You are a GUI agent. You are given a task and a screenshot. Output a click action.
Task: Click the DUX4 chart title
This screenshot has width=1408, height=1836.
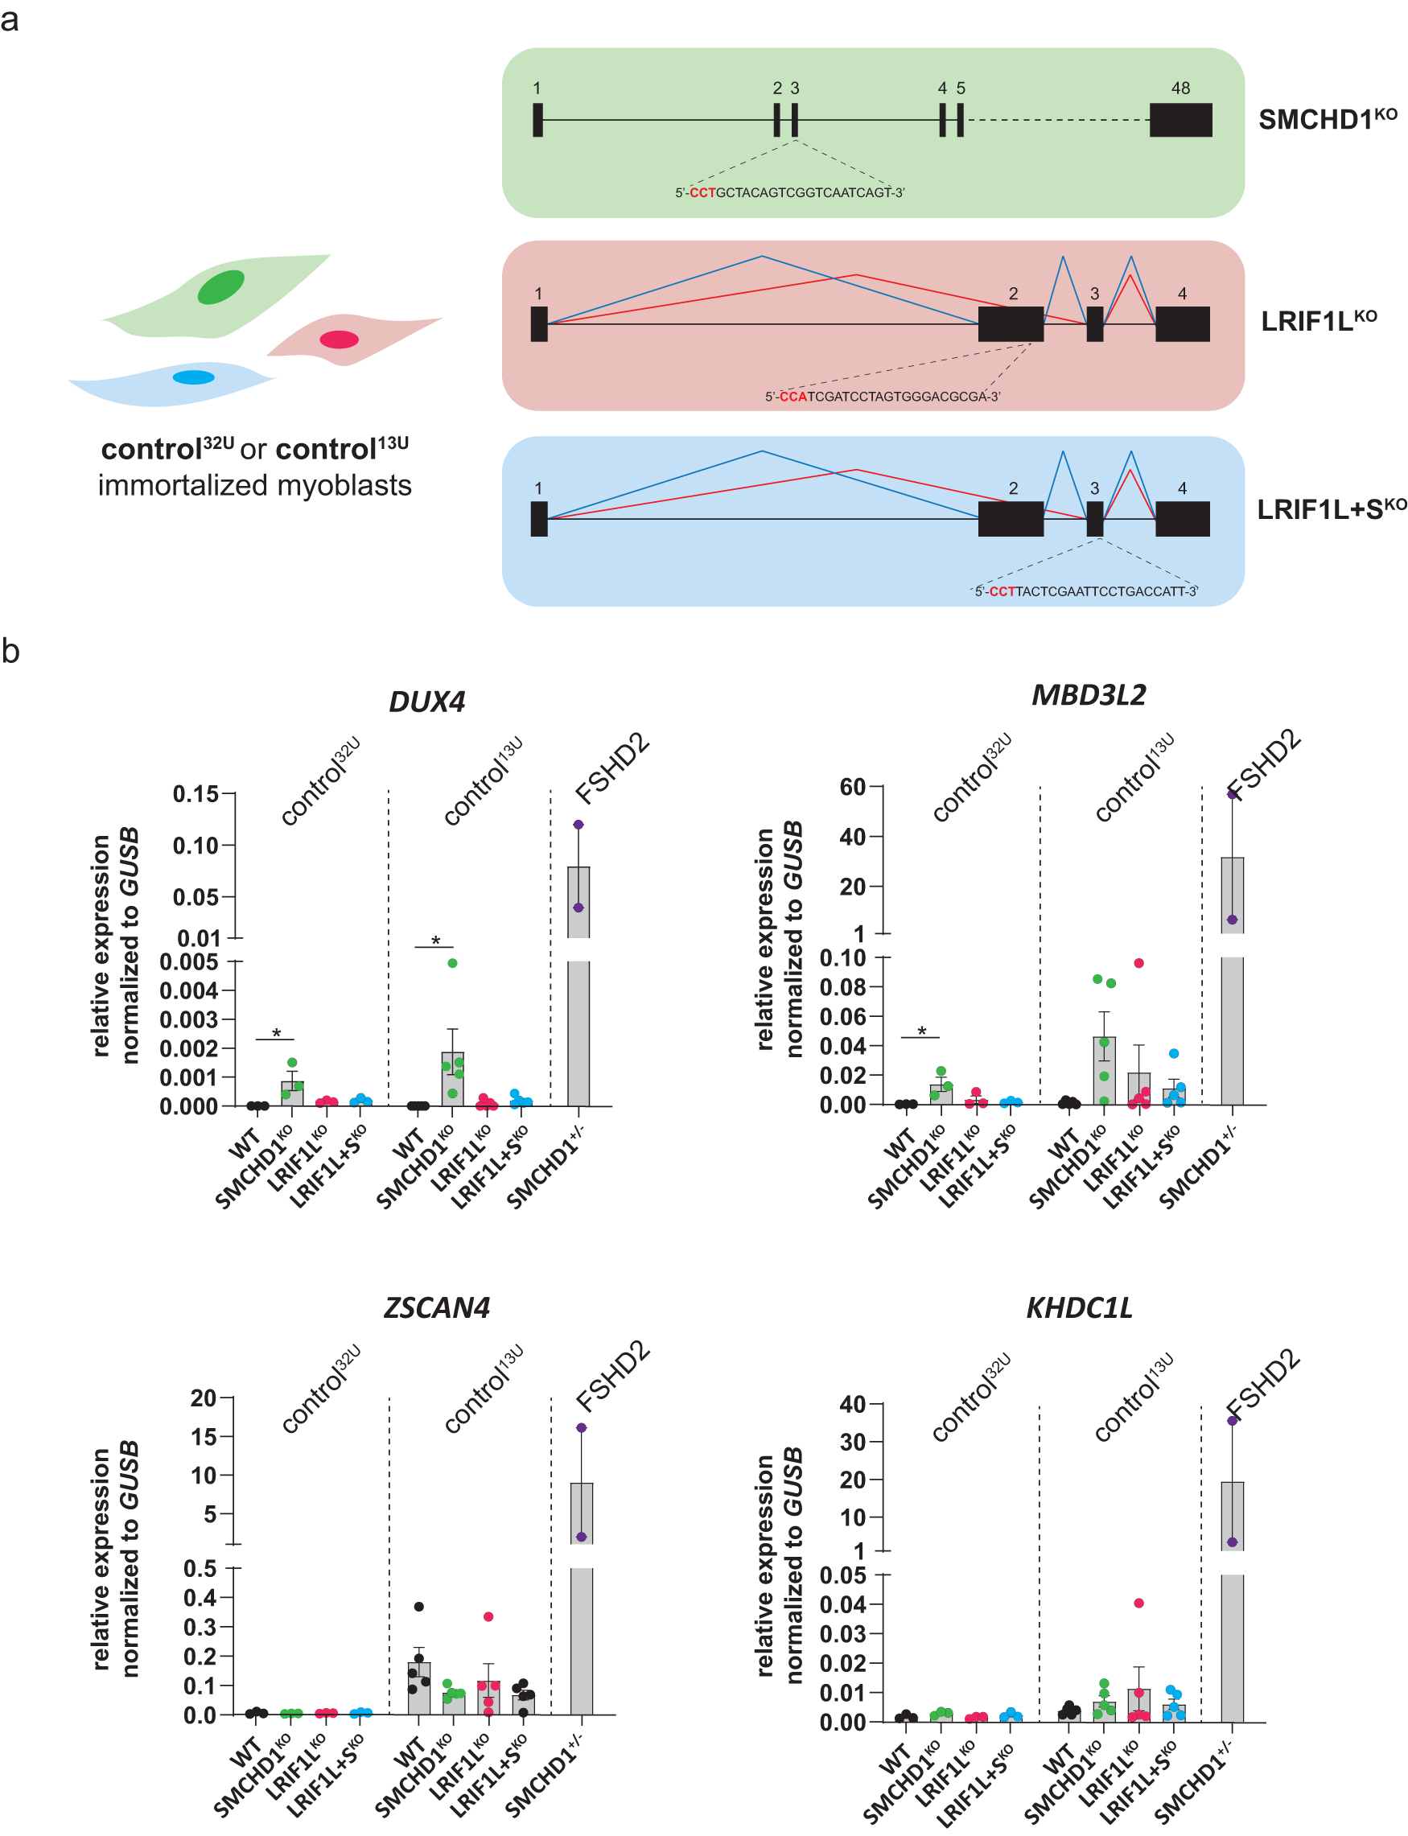coord(426,702)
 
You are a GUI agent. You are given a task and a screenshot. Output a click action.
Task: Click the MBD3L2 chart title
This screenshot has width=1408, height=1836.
coord(1088,694)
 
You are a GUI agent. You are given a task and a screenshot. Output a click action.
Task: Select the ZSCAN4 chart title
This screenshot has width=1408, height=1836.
coord(437,1307)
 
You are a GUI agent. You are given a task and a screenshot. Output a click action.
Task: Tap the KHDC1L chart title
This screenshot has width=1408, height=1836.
coord(1079,1307)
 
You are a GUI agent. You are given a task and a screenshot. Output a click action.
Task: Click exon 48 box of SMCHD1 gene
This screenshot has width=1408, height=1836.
coord(1180,120)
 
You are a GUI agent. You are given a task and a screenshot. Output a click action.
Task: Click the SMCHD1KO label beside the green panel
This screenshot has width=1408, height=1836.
coord(1326,119)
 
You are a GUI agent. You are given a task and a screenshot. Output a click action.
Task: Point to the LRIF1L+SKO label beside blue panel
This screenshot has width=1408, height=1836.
coord(1330,508)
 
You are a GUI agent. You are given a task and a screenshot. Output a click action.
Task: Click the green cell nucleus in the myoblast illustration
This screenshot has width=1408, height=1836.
coord(221,286)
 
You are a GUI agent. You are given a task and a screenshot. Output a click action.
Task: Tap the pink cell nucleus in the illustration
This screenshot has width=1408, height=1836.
coord(339,340)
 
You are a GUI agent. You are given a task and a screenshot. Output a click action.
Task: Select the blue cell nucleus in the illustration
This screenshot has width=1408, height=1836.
coord(194,377)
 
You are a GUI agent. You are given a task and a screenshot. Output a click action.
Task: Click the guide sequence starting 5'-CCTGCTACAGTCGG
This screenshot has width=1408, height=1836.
coord(789,193)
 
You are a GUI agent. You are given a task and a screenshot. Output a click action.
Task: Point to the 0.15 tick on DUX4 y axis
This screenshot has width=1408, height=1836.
coord(196,793)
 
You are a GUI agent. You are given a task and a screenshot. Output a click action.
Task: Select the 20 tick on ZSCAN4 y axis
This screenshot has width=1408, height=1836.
coord(203,1398)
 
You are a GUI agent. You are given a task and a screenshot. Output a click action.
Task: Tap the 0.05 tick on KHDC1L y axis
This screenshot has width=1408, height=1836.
coord(842,1575)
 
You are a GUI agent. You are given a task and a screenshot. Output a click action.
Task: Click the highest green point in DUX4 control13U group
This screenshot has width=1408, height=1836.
coord(452,963)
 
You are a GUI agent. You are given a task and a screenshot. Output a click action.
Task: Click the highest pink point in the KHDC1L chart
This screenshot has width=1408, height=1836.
coord(1139,1603)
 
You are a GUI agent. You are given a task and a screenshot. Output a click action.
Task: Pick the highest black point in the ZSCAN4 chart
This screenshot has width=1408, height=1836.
coord(419,1607)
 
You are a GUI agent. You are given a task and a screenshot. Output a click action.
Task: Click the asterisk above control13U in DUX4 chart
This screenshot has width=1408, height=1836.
coord(435,941)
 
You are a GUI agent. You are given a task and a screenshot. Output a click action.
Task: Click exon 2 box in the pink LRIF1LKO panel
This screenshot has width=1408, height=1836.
coord(1011,323)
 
